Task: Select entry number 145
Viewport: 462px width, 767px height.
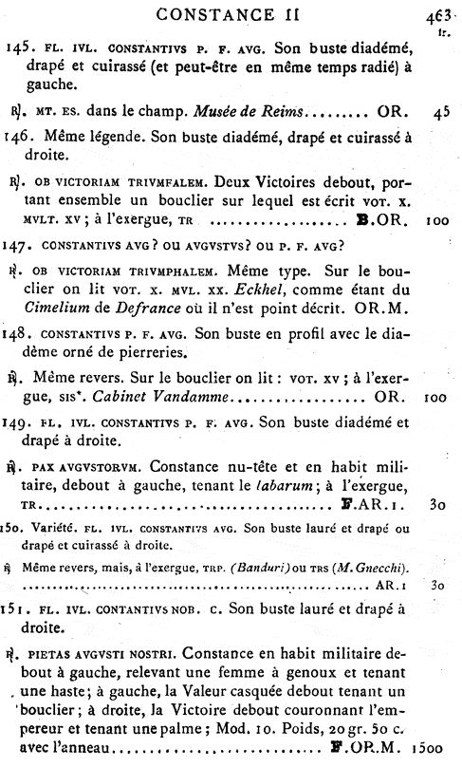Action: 21,47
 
